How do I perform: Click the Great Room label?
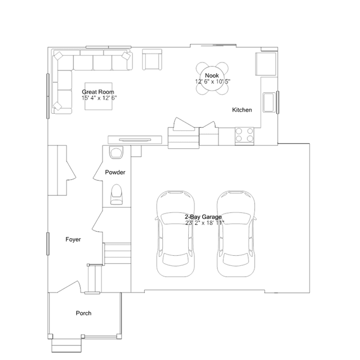point(98,92)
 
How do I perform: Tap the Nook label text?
point(212,75)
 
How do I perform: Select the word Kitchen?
point(242,110)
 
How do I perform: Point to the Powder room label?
point(115,172)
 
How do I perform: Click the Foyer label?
point(73,239)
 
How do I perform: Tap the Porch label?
point(83,313)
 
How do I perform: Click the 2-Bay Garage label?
point(203,217)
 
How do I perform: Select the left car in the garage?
point(176,233)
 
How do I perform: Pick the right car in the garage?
point(236,233)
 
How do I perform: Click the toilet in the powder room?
point(117,194)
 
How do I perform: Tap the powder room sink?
point(116,153)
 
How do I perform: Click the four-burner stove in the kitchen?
point(245,136)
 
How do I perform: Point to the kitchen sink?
point(269,102)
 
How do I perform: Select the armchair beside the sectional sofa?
point(152,60)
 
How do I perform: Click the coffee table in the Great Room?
point(99,96)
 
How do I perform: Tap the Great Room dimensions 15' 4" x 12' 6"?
point(99,98)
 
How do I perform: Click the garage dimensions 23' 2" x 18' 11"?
point(205,223)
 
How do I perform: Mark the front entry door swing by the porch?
point(69,287)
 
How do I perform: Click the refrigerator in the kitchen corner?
point(266,64)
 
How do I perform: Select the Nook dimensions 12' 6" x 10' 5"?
point(212,82)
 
